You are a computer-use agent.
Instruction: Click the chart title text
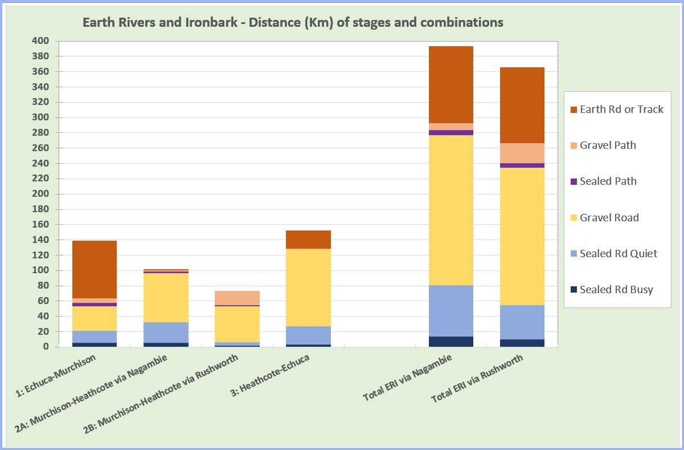click(293, 23)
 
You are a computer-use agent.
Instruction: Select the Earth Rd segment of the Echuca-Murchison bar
click(95, 269)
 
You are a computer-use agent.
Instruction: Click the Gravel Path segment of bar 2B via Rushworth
click(237, 298)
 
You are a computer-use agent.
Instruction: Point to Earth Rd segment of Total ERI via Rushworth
click(522, 105)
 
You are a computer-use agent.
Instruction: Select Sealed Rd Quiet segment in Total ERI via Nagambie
click(451, 311)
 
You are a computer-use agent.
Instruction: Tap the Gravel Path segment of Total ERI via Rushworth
click(522, 153)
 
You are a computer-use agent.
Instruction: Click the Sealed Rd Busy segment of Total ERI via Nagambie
click(451, 341)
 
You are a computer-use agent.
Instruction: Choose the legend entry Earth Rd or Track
click(621, 110)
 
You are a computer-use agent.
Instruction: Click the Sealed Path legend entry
click(608, 181)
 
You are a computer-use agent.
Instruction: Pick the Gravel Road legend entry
click(609, 218)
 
